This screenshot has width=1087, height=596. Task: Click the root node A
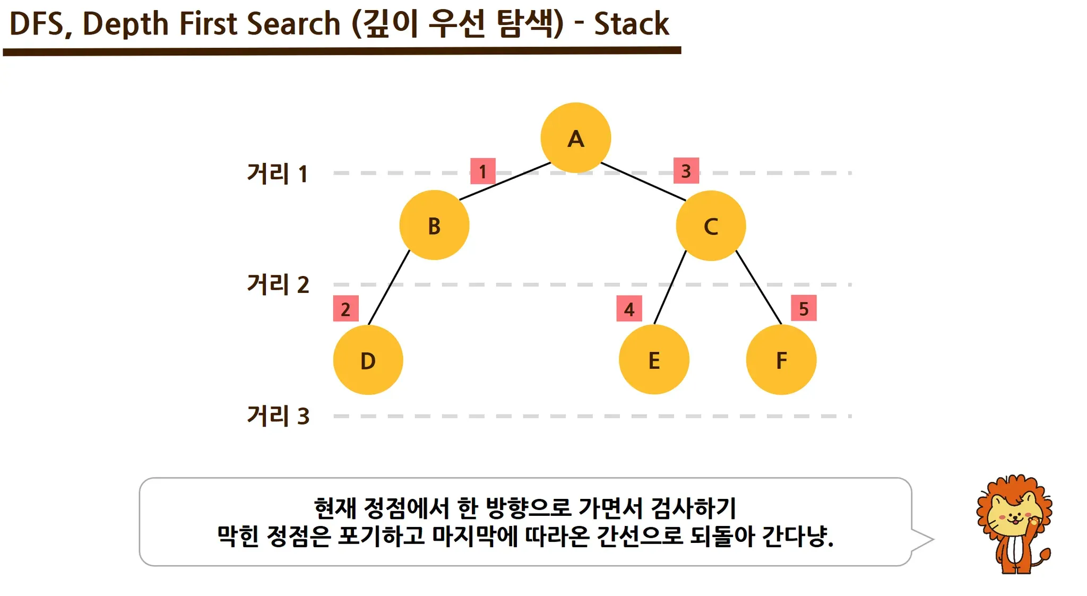[x=575, y=138]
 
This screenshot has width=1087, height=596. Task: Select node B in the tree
[x=434, y=226]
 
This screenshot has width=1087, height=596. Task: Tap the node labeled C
[x=711, y=226]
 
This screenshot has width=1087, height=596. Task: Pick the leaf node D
[x=368, y=360]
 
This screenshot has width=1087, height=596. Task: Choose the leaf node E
[x=654, y=360]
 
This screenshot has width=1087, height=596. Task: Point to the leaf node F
[x=781, y=360]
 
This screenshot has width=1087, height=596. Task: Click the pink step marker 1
[x=482, y=171]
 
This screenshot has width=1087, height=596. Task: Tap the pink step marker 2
[x=346, y=309]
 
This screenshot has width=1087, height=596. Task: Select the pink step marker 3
[x=686, y=171]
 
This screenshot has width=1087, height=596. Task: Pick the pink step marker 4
[x=629, y=309]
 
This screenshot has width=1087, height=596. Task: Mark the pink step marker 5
[x=804, y=308]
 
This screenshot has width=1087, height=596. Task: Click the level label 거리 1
[x=277, y=174]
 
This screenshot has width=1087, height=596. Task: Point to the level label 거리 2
[x=278, y=284]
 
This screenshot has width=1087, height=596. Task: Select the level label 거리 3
[x=278, y=416]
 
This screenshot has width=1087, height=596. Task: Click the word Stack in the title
[x=631, y=24]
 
